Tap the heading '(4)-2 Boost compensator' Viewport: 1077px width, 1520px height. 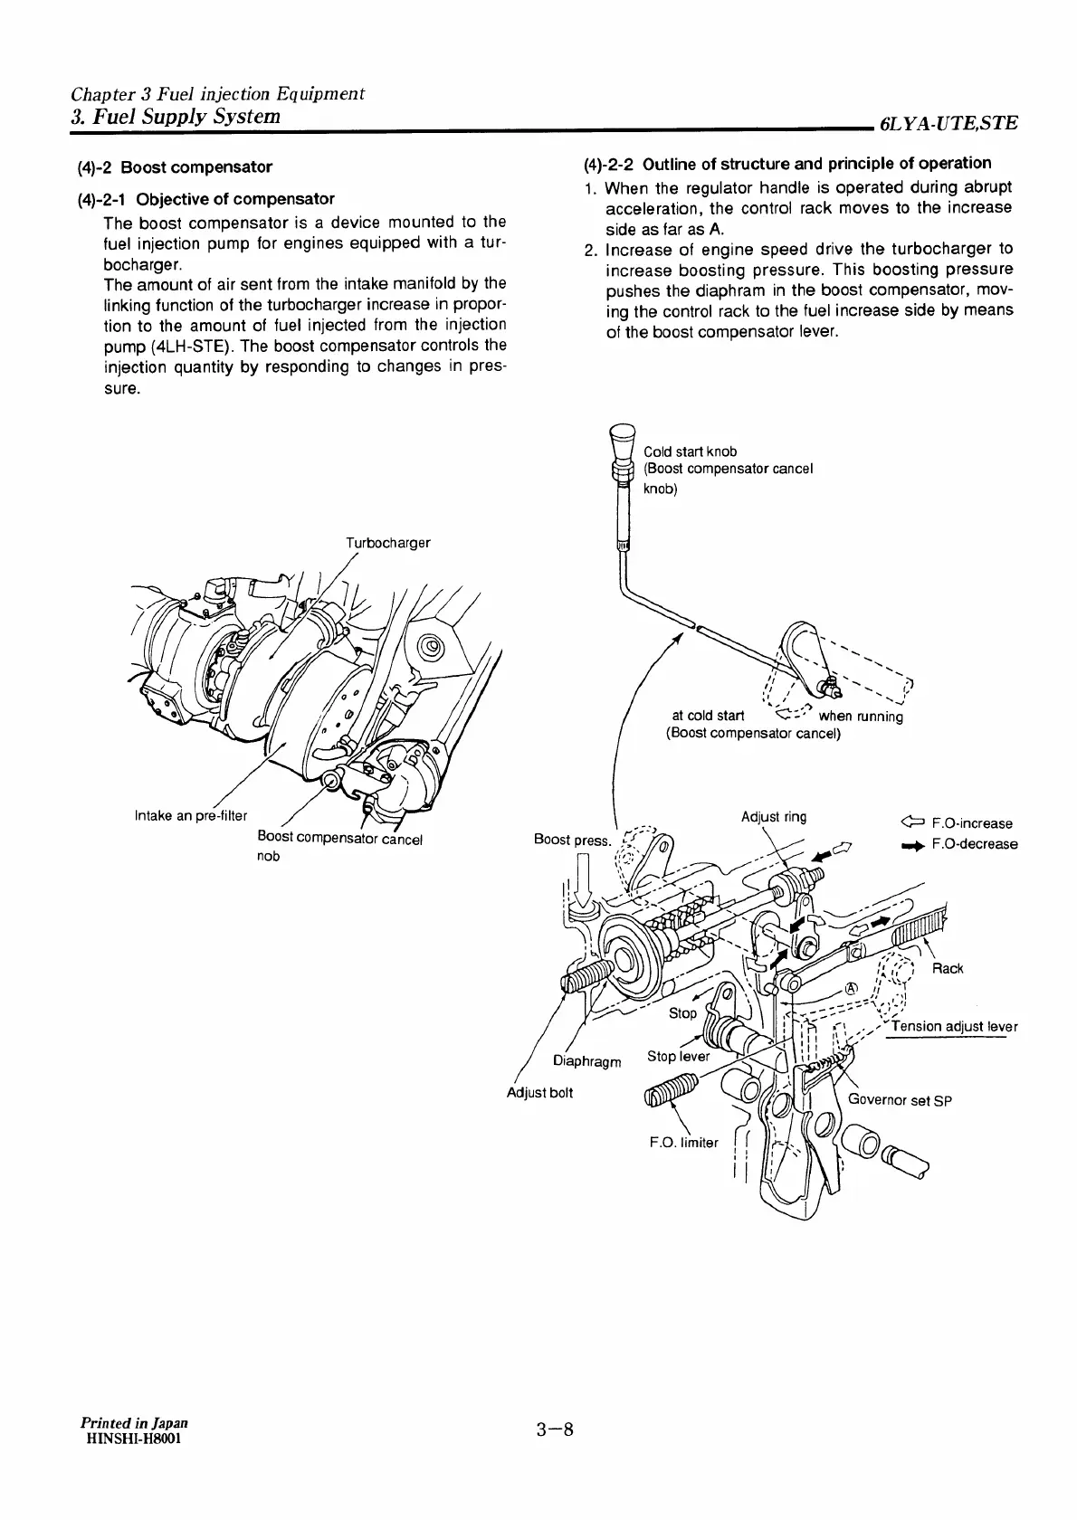coord(175,167)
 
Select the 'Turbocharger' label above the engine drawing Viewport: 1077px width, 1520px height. coord(387,543)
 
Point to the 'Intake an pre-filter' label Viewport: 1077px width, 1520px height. coord(190,815)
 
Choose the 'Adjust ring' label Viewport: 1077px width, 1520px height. coord(773,817)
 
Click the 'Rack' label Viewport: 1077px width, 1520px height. coord(947,969)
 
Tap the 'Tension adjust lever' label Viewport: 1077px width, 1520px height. coord(954,1026)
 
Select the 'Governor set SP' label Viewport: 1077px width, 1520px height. coord(900,1101)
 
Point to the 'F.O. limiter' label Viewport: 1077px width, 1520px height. coord(683,1142)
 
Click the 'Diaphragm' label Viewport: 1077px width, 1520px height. coord(586,1061)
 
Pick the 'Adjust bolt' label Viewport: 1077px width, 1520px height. coord(539,1092)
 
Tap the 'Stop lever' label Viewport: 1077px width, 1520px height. coord(679,1057)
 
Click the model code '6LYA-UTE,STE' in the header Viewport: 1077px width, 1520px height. coord(948,123)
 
